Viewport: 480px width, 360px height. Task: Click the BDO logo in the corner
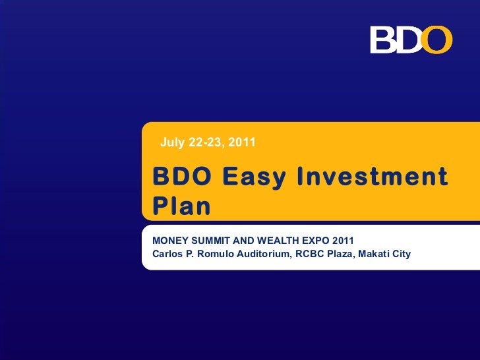pos(411,40)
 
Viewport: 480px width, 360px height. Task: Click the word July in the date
pos(172,142)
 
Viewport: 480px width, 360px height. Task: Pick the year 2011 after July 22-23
pos(243,142)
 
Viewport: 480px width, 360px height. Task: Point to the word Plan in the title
pos(181,206)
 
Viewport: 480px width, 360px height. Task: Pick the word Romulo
pos(216,253)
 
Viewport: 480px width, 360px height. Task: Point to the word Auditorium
pos(262,253)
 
